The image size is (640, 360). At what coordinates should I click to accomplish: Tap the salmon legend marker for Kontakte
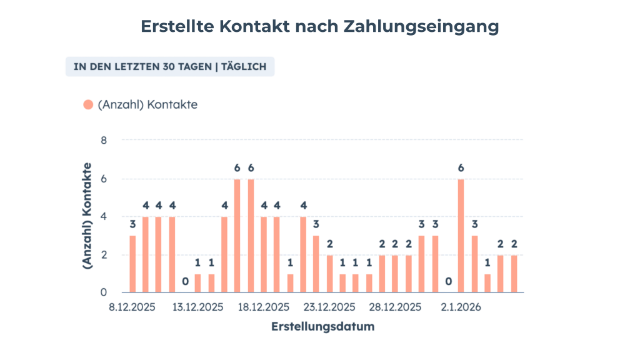pyautogui.click(x=88, y=105)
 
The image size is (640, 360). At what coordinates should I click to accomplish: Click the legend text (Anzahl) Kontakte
pyautogui.click(x=147, y=105)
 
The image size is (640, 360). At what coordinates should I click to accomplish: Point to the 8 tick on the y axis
pyautogui.click(x=104, y=140)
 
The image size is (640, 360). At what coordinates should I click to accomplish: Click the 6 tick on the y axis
pyautogui.click(x=104, y=179)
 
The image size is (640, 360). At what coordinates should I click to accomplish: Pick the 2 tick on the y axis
pyautogui.click(x=104, y=255)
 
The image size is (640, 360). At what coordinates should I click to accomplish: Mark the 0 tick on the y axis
pyautogui.click(x=104, y=292)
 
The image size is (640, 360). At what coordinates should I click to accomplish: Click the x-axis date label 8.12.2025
pyautogui.click(x=132, y=307)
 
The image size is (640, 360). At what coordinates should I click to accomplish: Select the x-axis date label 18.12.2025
pyautogui.click(x=263, y=307)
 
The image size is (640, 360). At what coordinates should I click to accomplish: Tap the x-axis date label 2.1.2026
pyautogui.click(x=461, y=307)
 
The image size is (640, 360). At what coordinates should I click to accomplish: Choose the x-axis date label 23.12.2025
pyautogui.click(x=329, y=307)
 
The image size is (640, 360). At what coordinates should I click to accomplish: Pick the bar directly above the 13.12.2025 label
pyautogui.click(x=198, y=283)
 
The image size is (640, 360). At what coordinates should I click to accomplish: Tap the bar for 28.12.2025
pyautogui.click(x=396, y=274)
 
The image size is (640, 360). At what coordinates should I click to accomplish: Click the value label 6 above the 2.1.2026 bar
pyautogui.click(x=461, y=167)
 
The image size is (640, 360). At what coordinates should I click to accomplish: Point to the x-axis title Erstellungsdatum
pyautogui.click(x=322, y=327)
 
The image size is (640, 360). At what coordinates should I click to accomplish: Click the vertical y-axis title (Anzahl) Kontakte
pyautogui.click(x=88, y=216)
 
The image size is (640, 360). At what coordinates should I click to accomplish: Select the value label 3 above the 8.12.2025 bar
pyautogui.click(x=132, y=224)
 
